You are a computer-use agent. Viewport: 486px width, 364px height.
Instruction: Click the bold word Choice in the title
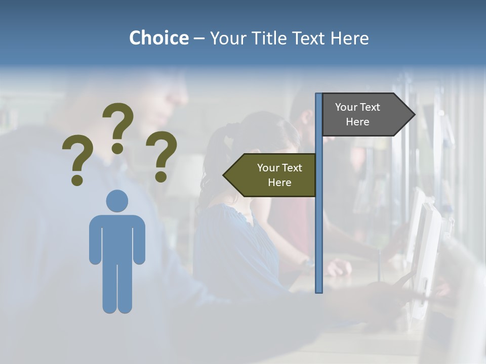point(158,38)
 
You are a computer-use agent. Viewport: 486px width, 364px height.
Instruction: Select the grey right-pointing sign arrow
point(364,115)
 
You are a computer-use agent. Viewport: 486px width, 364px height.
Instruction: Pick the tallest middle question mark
point(118,124)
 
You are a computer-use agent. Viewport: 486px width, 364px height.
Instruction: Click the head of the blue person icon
point(117,201)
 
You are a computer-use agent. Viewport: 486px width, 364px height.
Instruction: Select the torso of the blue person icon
point(117,238)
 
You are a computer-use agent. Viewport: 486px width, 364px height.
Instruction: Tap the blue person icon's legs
point(117,288)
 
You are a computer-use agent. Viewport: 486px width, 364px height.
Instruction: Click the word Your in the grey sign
point(346,107)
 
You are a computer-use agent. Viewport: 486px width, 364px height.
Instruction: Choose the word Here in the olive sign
point(279,183)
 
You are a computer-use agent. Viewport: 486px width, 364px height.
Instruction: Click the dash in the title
point(199,38)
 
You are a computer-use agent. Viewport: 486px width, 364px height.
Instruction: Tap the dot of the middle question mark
point(117,148)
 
